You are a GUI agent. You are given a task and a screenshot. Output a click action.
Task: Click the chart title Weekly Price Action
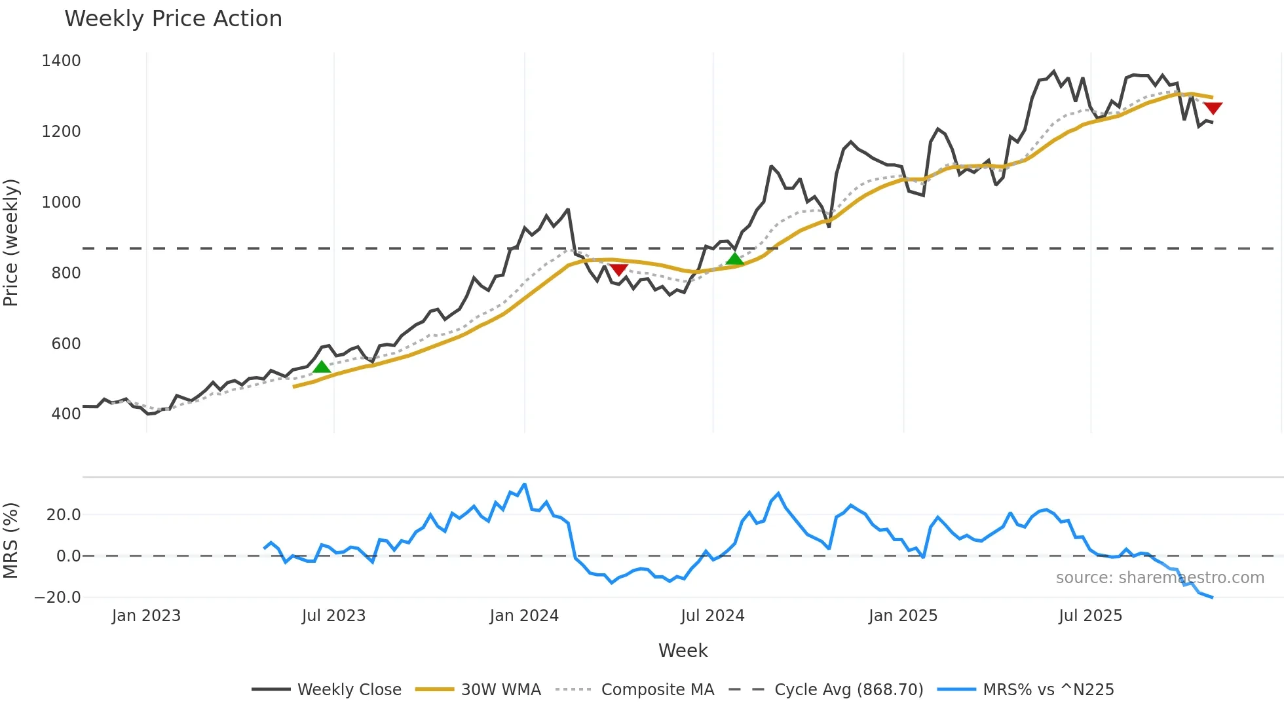coord(173,19)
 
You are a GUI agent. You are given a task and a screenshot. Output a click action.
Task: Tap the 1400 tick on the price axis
coord(61,61)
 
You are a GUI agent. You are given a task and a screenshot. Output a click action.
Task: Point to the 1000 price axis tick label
coord(61,202)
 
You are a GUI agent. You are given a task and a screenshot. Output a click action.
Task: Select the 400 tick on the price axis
coord(66,414)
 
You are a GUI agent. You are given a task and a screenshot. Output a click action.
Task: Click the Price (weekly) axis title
coord(11,242)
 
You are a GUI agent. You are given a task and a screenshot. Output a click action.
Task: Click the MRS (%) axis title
coord(11,541)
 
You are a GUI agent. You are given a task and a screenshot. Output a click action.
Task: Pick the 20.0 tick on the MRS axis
coord(64,515)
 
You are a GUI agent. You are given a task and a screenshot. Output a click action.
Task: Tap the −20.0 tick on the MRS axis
coord(58,598)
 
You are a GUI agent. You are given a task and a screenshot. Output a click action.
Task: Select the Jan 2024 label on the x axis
coord(524,616)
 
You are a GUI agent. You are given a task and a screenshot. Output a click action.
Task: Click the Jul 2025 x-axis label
coord(1091,616)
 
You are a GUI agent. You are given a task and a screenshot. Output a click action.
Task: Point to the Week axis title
coord(683,651)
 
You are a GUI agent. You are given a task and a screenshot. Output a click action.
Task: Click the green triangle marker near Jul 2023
coord(322,367)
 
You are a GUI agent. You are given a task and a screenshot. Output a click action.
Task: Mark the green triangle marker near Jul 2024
coord(735,259)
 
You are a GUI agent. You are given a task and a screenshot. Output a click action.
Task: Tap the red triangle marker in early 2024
coord(619,269)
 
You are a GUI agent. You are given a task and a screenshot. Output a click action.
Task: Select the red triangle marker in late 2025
coord(1213,108)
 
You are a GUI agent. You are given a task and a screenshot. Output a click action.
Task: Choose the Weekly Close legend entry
coord(349,690)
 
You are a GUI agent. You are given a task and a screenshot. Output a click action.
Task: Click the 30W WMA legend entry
coord(500,690)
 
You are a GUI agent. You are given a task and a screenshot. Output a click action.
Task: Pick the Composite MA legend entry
coord(657,690)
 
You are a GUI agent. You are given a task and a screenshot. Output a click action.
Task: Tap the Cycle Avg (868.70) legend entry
coord(848,690)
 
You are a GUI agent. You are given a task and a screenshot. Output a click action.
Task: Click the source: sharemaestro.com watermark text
coord(1160,578)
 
